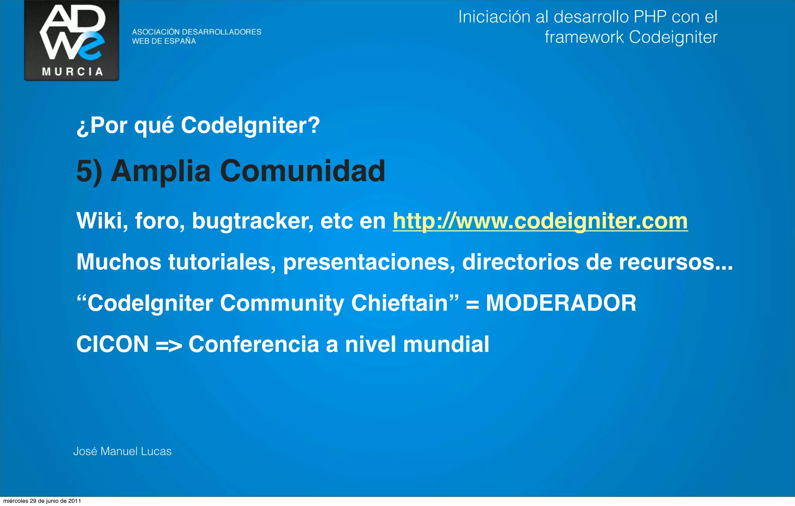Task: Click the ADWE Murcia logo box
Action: pos(72,40)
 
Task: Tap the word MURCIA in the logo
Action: pos(72,72)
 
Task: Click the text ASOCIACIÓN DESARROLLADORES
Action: pos(196,32)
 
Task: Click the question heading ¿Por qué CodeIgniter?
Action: pos(198,125)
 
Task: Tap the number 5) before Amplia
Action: pos(89,171)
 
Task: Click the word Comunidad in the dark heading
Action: pos(302,171)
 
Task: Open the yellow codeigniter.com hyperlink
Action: pos(540,221)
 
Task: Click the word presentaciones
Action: pos(369,262)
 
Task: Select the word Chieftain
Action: pos(400,303)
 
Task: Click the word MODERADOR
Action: pos(561,303)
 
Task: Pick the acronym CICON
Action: pos(113,344)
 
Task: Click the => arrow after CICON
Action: pos(168,345)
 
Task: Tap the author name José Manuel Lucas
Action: pos(122,451)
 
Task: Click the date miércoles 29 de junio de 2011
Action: pos(42,501)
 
